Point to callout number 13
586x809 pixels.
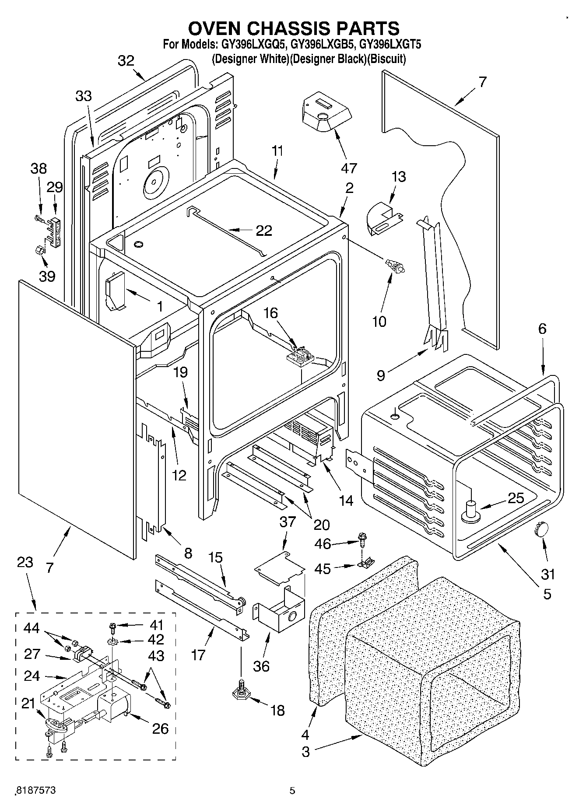[398, 177]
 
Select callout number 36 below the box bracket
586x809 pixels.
[261, 666]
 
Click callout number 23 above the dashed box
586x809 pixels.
[25, 562]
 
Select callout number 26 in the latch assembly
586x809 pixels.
[160, 728]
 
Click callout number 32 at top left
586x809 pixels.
[126, 61]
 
